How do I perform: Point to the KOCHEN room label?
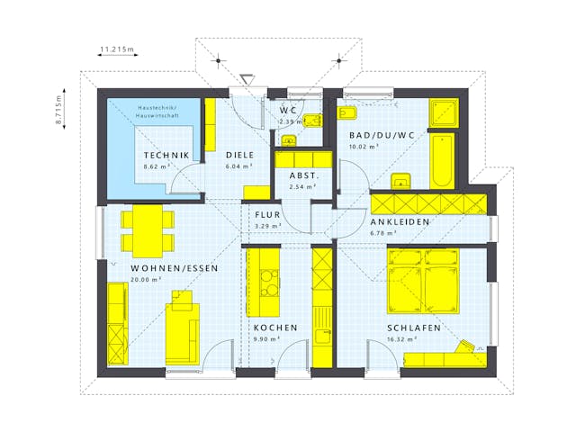(274, 328)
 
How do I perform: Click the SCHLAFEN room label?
(413, 328)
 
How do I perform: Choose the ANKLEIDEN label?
(400, 221)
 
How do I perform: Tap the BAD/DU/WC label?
(382, 136)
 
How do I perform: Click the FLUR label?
(268, 215)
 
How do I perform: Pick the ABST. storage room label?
(302, 175)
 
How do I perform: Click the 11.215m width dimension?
(116, 49)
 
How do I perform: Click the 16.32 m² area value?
(400, 339)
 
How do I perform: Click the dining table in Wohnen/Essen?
(145, 229)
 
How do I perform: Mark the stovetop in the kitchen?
(267, 283)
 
